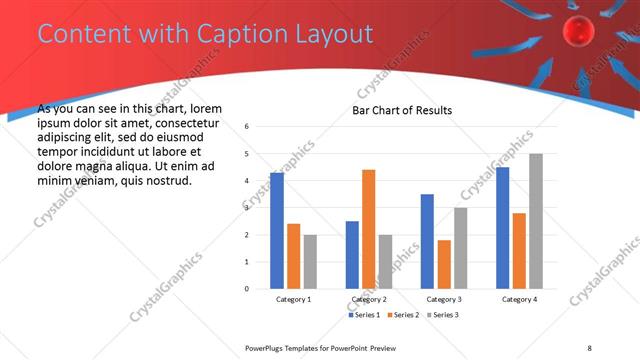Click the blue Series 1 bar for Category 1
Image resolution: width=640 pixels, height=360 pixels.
click(277, 231)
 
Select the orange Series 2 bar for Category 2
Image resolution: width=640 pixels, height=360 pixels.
click(369, 229)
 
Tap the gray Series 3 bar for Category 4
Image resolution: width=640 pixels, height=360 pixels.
click(536, 221)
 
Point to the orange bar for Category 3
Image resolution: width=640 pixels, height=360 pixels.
click(444, 264)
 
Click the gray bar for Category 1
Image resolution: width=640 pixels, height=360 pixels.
click(310, 262)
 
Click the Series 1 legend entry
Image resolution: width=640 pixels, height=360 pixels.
click(366, 315)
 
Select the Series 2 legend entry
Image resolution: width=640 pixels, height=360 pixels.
click(403, 315)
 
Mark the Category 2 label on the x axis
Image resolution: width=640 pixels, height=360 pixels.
click(369, 299)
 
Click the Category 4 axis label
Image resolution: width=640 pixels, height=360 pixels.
click(519, 299)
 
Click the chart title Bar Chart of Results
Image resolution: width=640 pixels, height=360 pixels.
click(402, 110)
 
